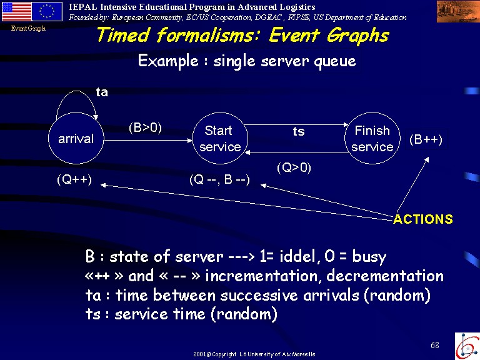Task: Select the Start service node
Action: (220, 138)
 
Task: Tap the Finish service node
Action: (372, 138)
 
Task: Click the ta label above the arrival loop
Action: (102, 92)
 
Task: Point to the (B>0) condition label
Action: (145, 127)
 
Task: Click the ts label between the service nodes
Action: (299, 131)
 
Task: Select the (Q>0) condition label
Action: (294, 167)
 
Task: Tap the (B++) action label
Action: (426, 139)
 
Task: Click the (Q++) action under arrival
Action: (74, 179)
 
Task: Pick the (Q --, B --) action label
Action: (219, 179)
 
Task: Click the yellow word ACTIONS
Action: (423, 219)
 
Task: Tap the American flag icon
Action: (16, 12)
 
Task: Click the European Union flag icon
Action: (47, 12)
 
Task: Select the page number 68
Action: (435, 345)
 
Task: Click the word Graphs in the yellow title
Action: (357, 36)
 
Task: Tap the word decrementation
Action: (385, 276)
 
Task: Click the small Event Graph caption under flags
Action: (28, 29)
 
